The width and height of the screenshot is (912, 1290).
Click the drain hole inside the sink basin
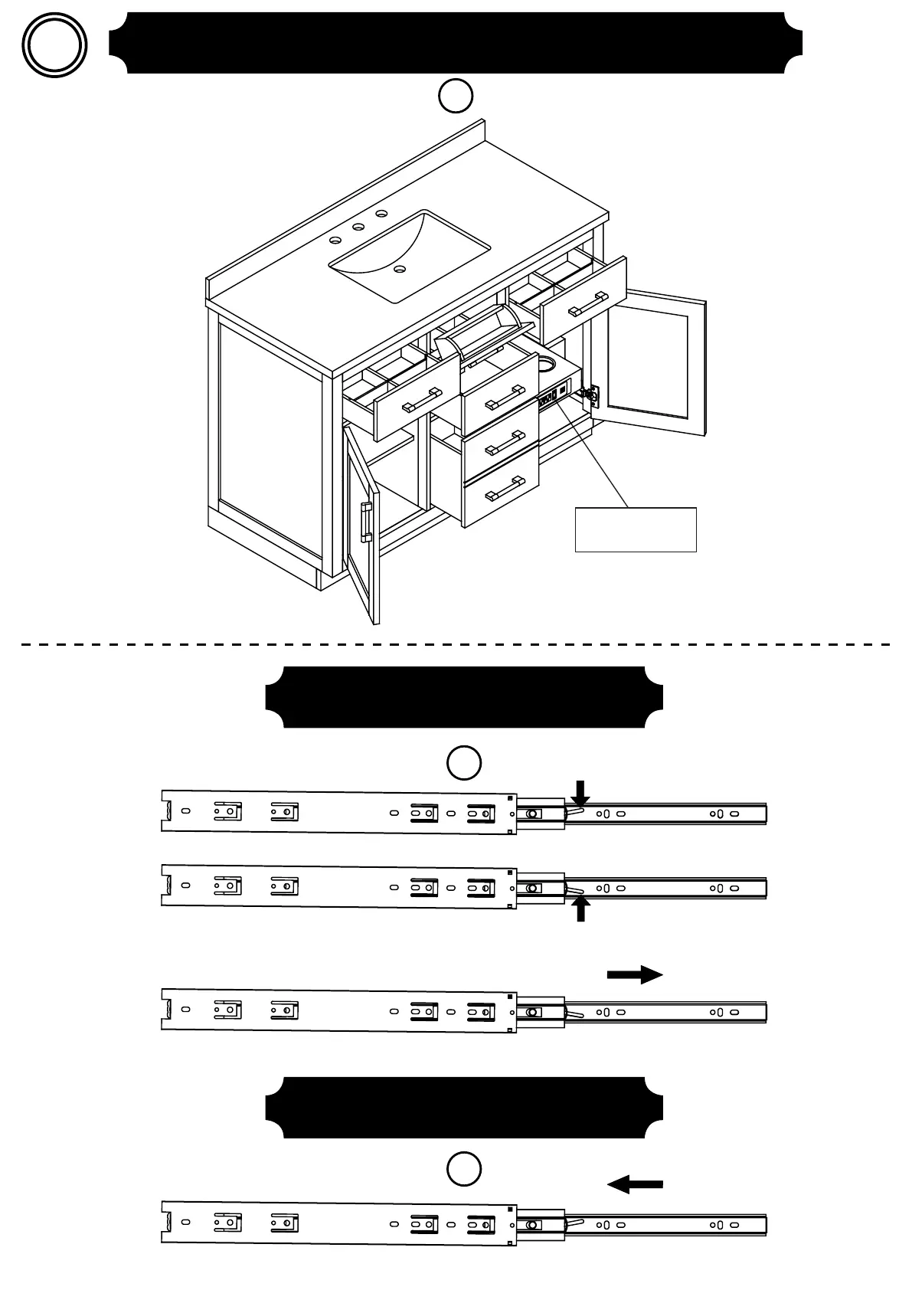399,269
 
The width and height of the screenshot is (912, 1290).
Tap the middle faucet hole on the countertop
358,227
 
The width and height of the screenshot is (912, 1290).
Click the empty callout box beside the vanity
636,529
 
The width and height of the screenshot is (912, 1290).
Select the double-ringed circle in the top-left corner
54,44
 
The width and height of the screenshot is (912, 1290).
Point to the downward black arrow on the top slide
580,793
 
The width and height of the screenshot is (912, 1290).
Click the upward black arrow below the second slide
581,909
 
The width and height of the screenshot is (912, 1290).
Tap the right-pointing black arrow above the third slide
635,974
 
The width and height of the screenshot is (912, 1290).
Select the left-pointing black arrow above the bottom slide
635,1184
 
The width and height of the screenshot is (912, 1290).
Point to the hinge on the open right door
591,395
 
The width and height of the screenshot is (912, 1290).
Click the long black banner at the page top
456,43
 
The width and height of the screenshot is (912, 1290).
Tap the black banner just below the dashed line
463,696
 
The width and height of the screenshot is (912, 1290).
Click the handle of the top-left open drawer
422,400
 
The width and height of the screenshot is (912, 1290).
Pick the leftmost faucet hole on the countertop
335,240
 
